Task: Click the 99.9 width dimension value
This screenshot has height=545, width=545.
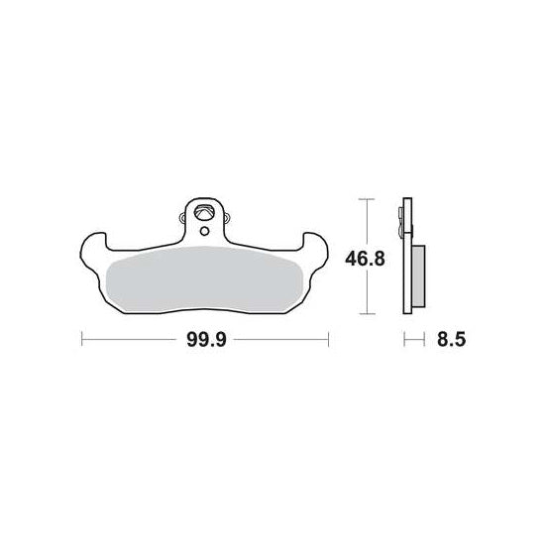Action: pos(206,339)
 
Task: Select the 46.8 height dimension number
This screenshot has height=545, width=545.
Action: pos(365,259)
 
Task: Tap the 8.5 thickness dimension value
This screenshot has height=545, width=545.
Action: pos(452,339)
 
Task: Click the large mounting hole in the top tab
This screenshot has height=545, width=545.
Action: pos(203,212)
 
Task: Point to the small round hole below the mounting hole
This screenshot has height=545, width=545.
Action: pos(204,231)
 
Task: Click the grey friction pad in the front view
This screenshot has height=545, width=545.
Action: pos(204,278)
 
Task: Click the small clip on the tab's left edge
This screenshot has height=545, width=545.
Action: pos(182,218)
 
